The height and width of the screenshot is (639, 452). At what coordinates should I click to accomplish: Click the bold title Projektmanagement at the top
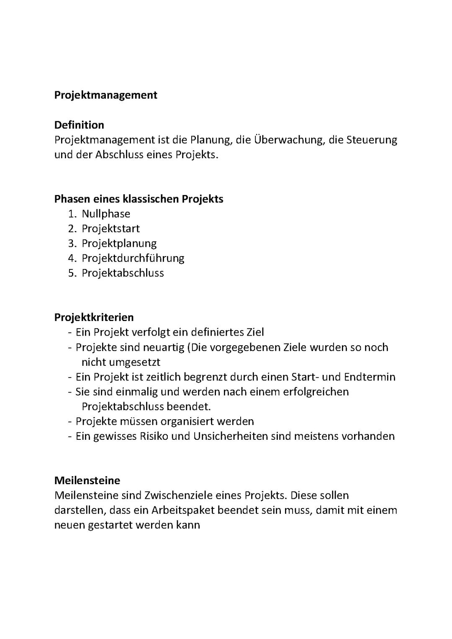105,95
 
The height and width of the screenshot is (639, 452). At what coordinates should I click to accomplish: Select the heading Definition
79,125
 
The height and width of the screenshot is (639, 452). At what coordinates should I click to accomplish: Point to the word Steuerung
372,140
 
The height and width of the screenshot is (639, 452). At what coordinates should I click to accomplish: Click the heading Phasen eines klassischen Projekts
139,199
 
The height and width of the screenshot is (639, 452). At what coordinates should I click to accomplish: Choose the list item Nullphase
106,214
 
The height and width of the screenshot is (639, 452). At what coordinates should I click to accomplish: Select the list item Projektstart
110,228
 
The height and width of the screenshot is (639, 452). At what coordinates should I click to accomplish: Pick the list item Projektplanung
119,243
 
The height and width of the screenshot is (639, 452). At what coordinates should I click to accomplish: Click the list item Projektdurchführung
133,258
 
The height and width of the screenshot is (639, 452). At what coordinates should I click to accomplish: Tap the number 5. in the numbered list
72,273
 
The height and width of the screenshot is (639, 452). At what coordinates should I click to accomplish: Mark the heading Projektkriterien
94,317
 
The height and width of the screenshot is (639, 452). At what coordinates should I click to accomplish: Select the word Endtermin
370,377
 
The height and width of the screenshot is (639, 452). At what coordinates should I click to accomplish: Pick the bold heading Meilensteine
87,480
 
